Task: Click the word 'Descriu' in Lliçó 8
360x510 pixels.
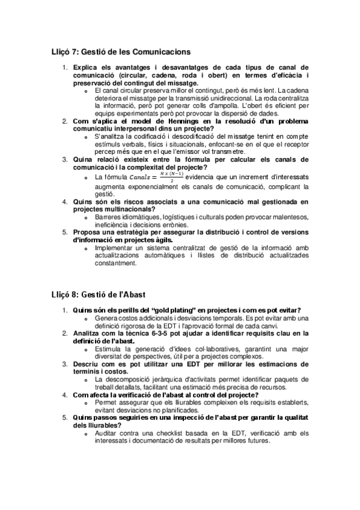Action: pos(87,364)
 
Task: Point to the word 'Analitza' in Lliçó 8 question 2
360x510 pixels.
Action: pos(89,333)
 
